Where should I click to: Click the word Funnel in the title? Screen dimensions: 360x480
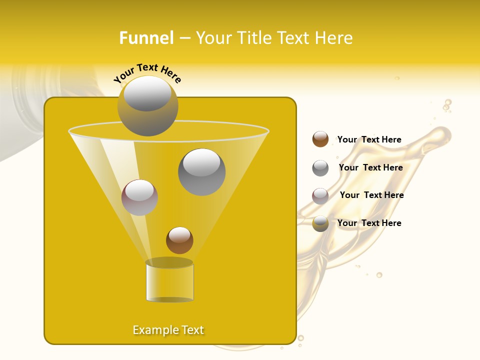pos(146,38)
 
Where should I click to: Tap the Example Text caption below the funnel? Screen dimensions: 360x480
pos(168,330)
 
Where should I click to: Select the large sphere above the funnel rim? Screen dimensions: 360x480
pos(147,106)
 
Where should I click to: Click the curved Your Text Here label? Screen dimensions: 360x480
pos(147,73)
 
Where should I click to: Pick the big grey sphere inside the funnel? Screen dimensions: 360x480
pos(201,171)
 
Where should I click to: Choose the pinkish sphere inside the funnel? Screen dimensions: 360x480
pos(139,197)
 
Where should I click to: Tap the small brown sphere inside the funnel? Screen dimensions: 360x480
pos(179,240)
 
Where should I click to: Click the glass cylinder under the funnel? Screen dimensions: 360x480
pos(169,282)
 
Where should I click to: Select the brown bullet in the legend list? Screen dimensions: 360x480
pos(320,139)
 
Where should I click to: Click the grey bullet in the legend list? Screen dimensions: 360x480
pos(320,167)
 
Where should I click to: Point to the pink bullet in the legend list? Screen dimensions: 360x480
pos(320,195)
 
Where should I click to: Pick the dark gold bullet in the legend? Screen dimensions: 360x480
pos(320,223)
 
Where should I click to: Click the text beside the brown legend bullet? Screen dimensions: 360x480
pos(369,139)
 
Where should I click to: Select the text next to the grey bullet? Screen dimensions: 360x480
pos(370,167)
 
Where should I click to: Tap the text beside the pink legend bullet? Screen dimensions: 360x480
pos(371,195)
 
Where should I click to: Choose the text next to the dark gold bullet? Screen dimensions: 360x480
pos(369,223)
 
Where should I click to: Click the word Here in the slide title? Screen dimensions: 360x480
pos(335,38)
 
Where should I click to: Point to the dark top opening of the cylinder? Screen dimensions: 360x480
pos(169,262)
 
